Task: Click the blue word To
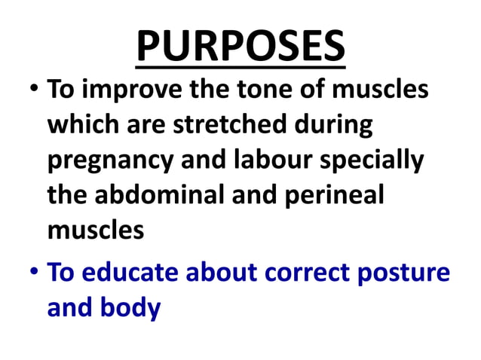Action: coord(62,273)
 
